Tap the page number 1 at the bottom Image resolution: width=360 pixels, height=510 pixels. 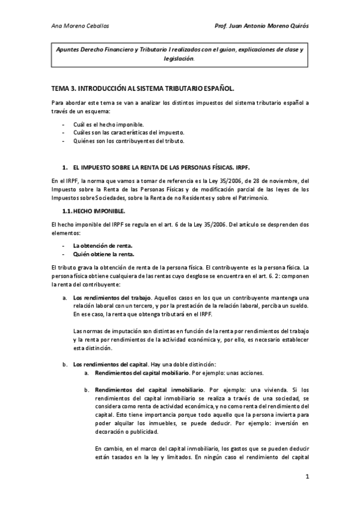pos(307,478)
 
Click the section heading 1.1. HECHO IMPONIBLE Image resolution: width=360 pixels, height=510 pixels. pos(94,211)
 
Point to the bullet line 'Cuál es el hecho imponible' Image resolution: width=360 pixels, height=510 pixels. pos(108,124)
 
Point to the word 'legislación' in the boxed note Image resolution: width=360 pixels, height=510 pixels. pos(178,59)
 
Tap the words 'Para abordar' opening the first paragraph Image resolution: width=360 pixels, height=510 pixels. pos(67,102)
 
